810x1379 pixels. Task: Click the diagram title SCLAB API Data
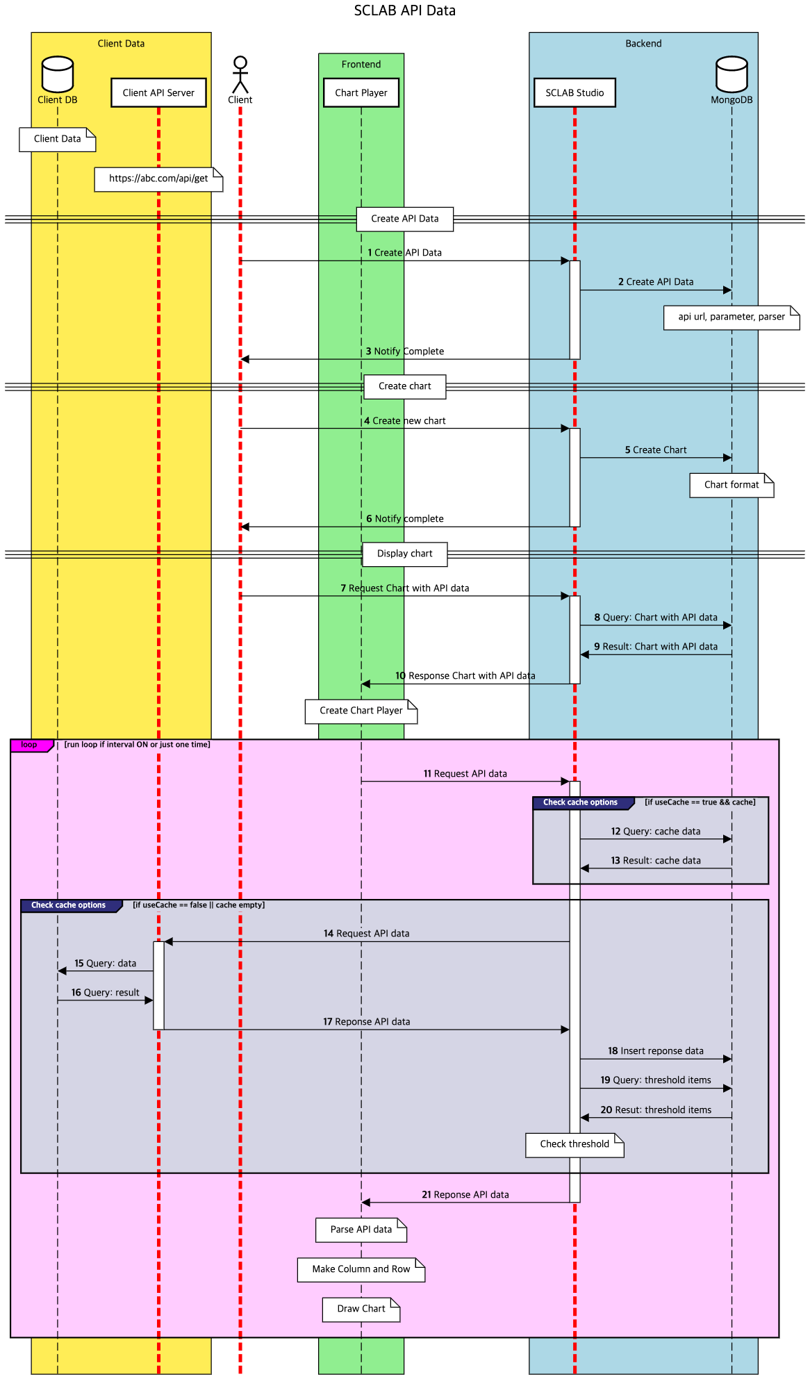(x=404, y=10)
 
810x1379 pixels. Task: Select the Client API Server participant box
(x=158, y=92)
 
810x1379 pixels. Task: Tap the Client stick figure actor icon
(x=240, y=74)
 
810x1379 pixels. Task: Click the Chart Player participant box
(x=361, y=92)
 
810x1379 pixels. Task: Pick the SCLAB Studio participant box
(x=575, y=92)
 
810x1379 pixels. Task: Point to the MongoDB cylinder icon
(x=732, y=74)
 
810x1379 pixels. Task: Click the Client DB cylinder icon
(x=58, y=74)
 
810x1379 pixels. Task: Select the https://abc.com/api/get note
(x=158, y=179)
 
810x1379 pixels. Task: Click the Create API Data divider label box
(x=404, y=219)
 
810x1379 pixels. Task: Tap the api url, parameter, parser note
(x=731, y=317)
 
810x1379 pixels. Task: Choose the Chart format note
(x=731, y=485)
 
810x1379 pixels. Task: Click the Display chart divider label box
(x=404, y=554)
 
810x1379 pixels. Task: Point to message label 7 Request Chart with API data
(x=404, y=588)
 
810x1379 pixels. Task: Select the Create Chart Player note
(x=361, y=711)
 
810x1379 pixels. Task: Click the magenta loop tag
(x=30, y=745)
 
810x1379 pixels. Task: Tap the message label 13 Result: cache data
(x=656, y=861)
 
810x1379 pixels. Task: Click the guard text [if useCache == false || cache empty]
(x=199, y=905)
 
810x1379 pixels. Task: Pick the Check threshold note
(x=574, y=1144)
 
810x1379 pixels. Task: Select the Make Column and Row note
(x=361, y=1269)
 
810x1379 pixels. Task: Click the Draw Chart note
(x=361, y=1309)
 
